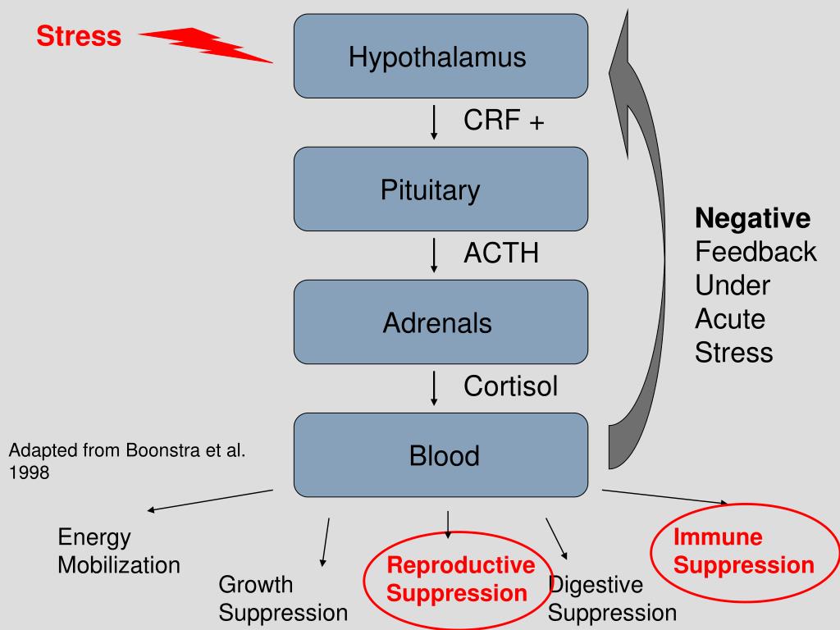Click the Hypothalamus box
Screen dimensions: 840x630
441,57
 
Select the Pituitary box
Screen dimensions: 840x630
441,189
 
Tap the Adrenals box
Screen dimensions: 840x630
441,322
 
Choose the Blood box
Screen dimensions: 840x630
441,454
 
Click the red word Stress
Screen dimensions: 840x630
79,36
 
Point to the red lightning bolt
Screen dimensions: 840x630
206,45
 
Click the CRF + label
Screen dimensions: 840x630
504,120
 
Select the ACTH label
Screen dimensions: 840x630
501,253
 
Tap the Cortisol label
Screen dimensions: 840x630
510,386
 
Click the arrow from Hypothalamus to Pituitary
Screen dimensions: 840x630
434,123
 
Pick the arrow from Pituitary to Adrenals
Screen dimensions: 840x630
434,256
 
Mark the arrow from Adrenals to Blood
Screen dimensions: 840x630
434,388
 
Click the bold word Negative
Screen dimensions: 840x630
753,218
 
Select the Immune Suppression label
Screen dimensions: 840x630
743,551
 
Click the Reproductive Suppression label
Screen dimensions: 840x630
460,579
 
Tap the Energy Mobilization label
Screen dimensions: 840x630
118,551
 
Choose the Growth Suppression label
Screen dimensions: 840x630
283,598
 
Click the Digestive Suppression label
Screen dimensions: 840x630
612,598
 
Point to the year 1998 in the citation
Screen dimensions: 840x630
29,472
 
